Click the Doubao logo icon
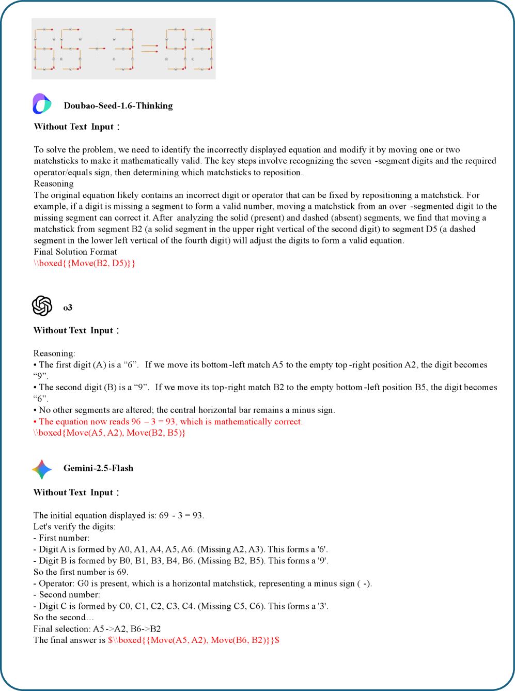tap(42, 104)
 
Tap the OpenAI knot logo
tap(42, 305)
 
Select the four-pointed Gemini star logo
tap(42, 469)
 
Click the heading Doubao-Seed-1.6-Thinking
tap(118, 106)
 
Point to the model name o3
tap(68, 308)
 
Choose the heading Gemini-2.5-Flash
tap(98, 468)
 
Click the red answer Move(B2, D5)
tap(85, 263)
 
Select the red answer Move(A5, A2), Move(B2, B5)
tap(110, 433)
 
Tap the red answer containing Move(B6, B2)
tap(194, 640)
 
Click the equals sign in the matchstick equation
tap(149, 49)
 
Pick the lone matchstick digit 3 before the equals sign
tap(124, 49)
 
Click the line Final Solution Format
tap(75, 252)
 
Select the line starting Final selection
tap(97, 628)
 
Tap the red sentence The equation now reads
tap(168, 421)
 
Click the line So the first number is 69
tap(81, 572)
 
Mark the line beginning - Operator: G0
tap(202, 583)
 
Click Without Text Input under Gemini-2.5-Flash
tap(76, 493)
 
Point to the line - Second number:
tap(67, 594)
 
